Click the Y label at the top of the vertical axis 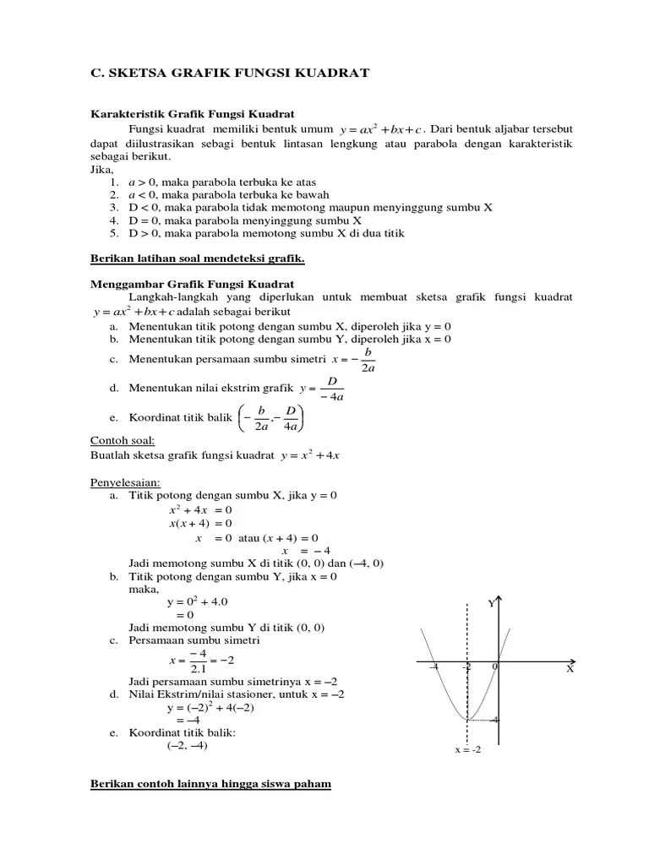pos(491,603)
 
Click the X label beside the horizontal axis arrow pos(570,668)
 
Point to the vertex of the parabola pos(466,720)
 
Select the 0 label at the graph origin pos(494,667)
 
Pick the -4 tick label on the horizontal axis pos(434,667)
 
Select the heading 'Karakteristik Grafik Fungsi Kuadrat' pos(192,114)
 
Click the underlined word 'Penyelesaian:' pos(126,482)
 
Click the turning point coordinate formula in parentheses pos(270,418)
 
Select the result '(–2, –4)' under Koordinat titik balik pos(187,746)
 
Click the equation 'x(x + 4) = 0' pos(200,524)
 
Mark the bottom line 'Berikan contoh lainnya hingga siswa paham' pos(210,785)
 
